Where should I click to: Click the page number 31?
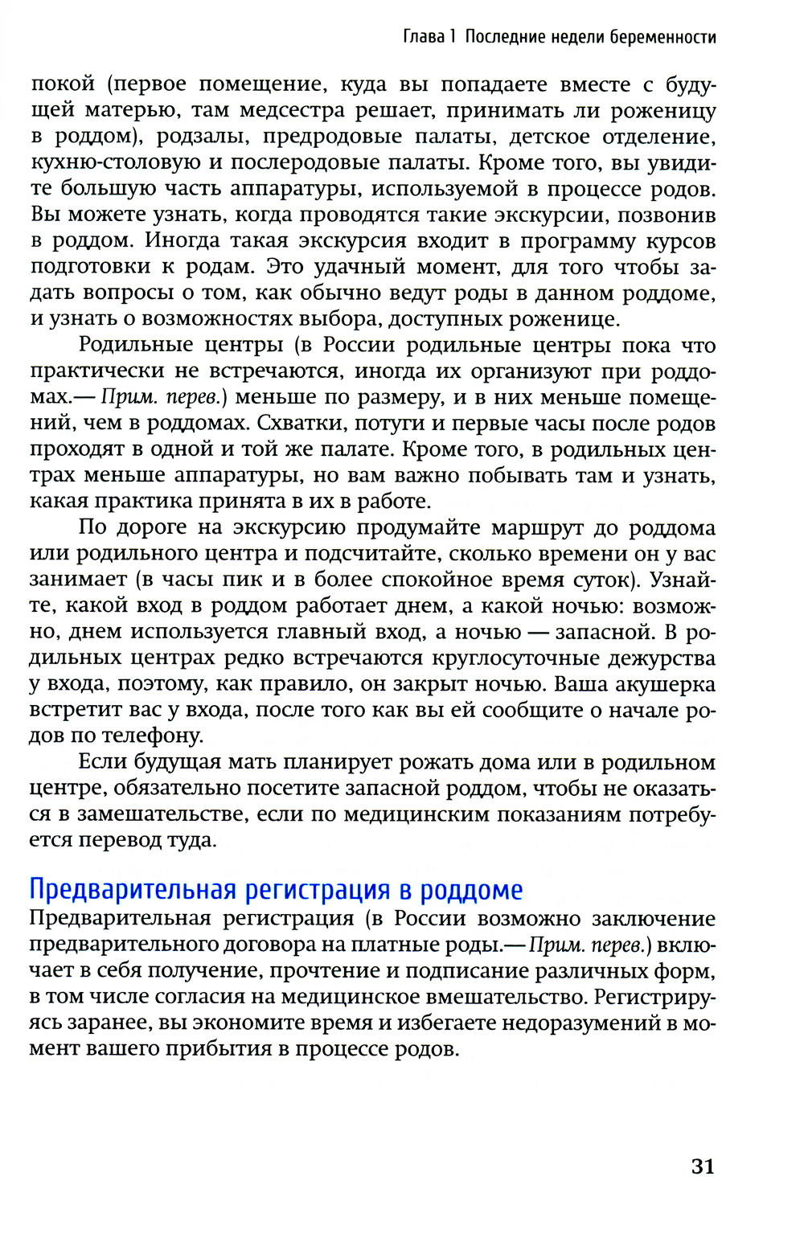pyautogui.click(x=703, y=1166)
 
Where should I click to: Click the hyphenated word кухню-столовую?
pyautogui.click(x=116, y=162)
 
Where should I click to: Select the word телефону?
pyautogui.click(x=149, y=736)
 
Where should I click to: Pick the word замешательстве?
pyautogui.click(x=163, y=814)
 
